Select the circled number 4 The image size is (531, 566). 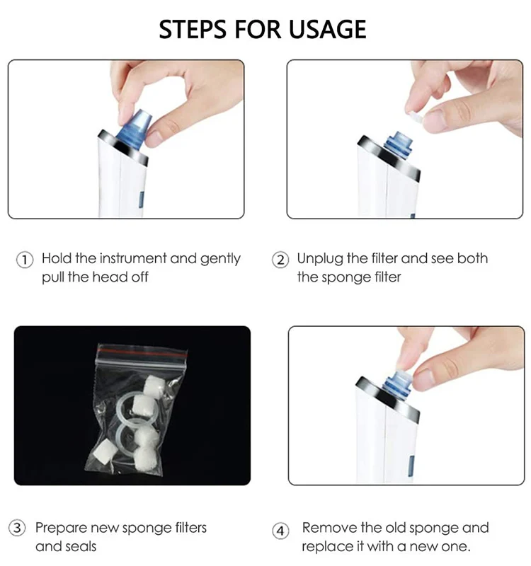coord(281,530)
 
